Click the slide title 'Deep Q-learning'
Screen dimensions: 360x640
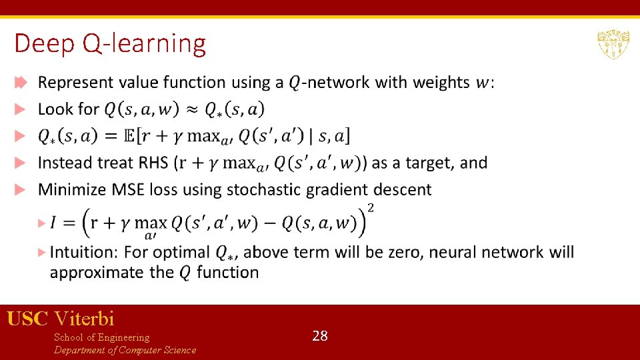tap(110, 44)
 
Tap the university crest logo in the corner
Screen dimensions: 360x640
tap(613, 44)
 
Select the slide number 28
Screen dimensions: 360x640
tap(320, 336)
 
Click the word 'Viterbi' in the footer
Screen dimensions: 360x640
tap(85, 318)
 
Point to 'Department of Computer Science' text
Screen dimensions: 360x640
tap(125, 350)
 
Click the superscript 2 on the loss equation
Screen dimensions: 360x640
tap(371, 208)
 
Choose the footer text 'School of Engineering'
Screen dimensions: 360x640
tap(101, 337)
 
